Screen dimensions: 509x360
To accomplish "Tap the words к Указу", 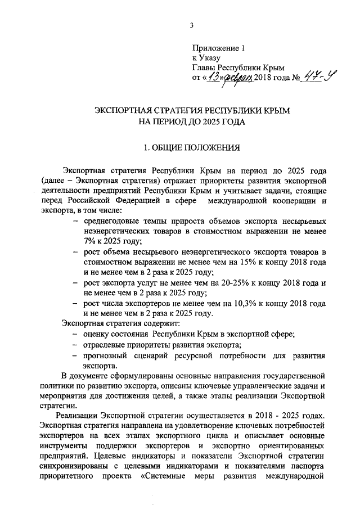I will (x=206, y=57).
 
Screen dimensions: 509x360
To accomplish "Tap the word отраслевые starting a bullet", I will (x=104, y=345).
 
